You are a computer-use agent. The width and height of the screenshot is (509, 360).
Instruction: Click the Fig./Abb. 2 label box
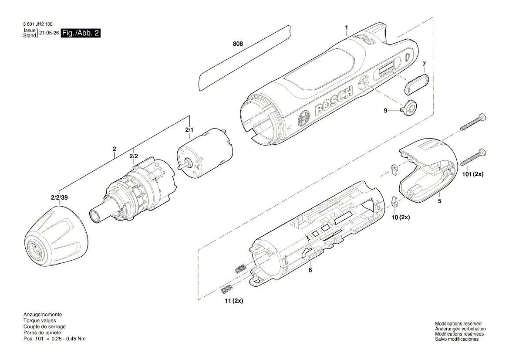[81, 34]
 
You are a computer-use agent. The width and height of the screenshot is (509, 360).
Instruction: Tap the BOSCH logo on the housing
[333, 101]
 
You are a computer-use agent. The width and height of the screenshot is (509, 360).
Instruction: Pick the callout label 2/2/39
[59, 197]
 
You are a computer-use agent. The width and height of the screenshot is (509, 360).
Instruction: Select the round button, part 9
[409, 108]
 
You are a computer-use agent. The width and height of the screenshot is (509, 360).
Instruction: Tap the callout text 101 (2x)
[472, 174]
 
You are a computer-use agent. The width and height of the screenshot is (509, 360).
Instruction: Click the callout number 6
[310, 270]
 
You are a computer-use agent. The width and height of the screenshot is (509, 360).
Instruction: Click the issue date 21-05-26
[48, 33]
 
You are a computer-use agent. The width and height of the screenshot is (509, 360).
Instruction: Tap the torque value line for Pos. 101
[54, 339]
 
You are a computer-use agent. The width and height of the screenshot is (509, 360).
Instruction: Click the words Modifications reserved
[458, 323]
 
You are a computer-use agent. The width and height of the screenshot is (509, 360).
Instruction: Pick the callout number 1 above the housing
[346, 27]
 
